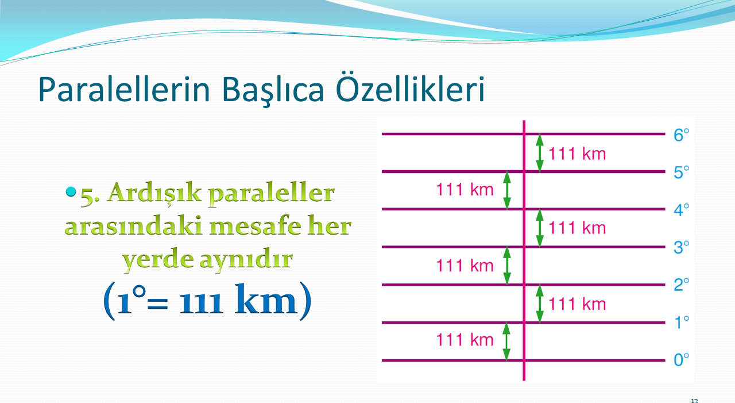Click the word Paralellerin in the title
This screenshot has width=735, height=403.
tap(124, 89)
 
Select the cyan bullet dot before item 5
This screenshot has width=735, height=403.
tap(71, 191)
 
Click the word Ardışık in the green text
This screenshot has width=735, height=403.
tap(154, 194)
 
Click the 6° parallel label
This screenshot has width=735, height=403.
tap(681, 135)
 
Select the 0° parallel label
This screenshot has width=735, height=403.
tap(681, 360)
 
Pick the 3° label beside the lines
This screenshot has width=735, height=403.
tap(681, 248)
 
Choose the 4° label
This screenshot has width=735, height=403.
tap(681, 210)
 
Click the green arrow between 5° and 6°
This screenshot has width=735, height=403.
tap(539, 153)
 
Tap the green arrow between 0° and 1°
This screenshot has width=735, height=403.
tap(506, 341)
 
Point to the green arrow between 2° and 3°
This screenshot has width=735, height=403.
tap(507, 266)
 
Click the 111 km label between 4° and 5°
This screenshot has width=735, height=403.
tap(465, 190)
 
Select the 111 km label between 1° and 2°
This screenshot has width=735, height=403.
tap(577, 304)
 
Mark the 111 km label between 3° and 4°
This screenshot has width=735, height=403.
tap(577, 228)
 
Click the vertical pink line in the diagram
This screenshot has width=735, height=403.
tap(524, 251)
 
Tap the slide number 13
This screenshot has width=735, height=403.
tap(694, 401)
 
